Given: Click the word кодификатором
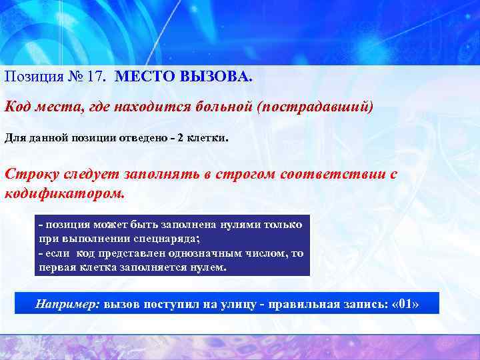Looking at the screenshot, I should coord(64,193).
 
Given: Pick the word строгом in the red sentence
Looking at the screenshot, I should coord(241,174).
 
